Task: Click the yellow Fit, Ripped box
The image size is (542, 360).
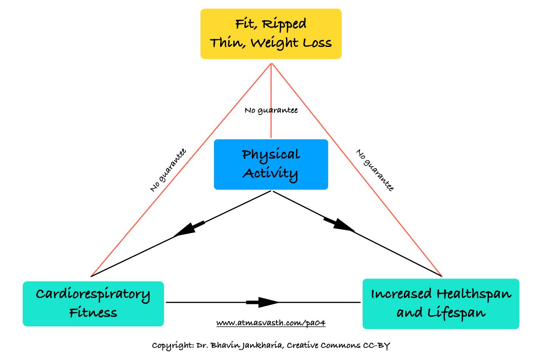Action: click(x=271, y=34)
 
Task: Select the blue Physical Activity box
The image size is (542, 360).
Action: click(x=271, y=164)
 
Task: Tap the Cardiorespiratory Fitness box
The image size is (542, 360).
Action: click(x=93, y=304)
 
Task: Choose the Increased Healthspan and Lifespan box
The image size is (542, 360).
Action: click(x=441, y=304)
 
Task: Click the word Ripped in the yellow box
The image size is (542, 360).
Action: click(x=284, y=25)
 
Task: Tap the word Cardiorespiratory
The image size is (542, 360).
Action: click(x=93, y=295)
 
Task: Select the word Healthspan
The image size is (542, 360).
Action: click(x=474, y=294)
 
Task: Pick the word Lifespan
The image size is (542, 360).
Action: click(x=456, y=313)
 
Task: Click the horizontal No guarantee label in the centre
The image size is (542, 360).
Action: click(x=271, y=111)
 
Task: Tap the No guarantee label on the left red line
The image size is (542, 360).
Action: click(x=168, y=170)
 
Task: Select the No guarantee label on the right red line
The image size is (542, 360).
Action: click(x=375, y=170)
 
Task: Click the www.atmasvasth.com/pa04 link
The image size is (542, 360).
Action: click(x=271, y=323)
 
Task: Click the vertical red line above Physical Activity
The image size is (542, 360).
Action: click(x=271, y=101)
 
